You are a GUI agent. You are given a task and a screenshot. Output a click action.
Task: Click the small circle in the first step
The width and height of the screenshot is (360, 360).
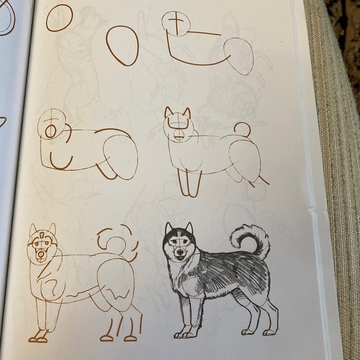[59, 18]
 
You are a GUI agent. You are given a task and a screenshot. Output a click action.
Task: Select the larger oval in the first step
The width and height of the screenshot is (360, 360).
[122, 45]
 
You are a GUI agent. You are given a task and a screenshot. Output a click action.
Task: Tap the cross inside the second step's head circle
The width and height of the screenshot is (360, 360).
[176, 22]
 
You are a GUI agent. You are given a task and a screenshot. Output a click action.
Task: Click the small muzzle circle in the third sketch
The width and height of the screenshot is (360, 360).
[51, 131]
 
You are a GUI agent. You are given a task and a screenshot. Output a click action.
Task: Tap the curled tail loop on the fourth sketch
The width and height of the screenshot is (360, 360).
[241, 129]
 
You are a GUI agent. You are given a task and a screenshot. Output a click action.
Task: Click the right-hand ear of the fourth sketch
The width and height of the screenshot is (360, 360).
[186, 112]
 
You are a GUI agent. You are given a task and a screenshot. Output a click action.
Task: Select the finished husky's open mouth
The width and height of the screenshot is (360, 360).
[180, 258]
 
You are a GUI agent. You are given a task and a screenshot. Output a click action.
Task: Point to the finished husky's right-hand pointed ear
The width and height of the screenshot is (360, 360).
[189, 229]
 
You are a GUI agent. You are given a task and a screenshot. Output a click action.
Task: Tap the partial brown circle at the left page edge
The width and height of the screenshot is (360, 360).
[7, 18]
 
